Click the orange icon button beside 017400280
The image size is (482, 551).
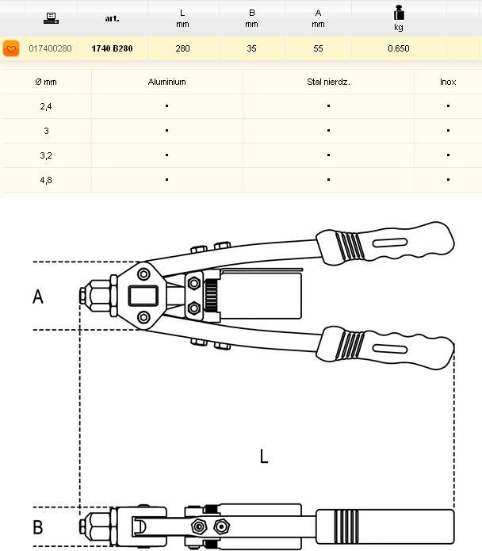click(11, 49)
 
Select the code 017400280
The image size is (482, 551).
click(50, 49)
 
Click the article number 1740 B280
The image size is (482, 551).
click(112, 49)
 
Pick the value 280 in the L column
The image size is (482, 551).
click(183, 49)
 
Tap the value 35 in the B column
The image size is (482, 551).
click(251, 49)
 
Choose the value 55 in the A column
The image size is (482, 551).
click(318, 49)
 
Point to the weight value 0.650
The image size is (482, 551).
click(399, 49)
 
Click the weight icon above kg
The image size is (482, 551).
click(399, 13)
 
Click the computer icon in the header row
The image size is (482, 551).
click(51, 17)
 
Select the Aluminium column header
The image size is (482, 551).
click(166, 82)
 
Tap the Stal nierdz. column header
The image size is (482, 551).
click(328, 82)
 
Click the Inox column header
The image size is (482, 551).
click(448, 82)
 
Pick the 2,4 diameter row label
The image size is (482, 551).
click(46, 106)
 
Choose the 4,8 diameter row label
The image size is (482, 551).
click(46, 180)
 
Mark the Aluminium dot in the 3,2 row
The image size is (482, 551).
click(166, 155)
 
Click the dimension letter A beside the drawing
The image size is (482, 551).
click(37, 297)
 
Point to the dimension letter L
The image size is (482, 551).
click(263, 456)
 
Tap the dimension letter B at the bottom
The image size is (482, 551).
click(37, 527)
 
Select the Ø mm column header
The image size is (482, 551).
click(46, 82)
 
